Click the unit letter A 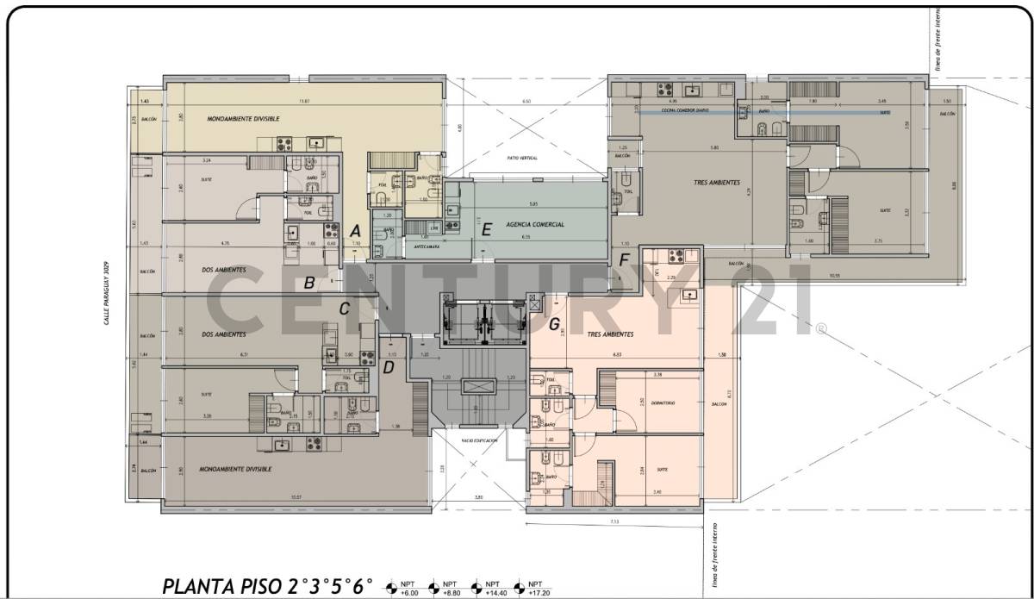(353, 230)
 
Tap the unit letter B (309, 282)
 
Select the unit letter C (344, 309)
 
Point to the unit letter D (388, 367)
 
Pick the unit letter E (487, 229)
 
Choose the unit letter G (554, 324)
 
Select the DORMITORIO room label (663, 402)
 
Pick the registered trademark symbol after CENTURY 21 (821, 328)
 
